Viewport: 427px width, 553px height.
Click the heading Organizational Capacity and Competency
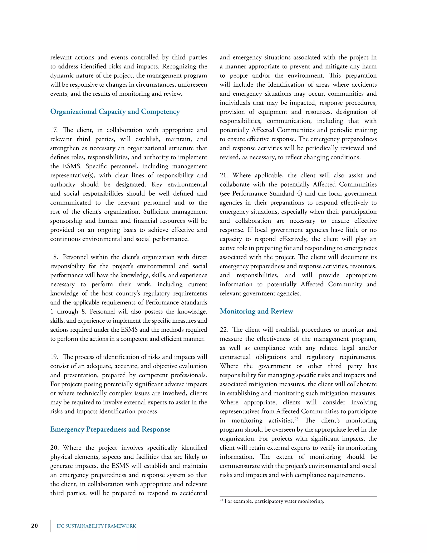115,112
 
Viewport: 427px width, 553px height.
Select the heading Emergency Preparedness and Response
110,429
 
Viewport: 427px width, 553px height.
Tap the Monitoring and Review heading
256,311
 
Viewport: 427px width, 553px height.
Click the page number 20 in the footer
34,526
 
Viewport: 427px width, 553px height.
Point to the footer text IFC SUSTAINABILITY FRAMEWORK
96,526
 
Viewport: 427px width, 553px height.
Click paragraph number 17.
54,130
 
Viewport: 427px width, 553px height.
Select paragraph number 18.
54,257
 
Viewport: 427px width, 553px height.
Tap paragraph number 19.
54,357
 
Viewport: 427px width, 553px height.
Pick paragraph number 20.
54,447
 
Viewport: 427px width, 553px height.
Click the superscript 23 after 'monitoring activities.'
296,419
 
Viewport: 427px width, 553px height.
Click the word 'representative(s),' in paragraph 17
72,175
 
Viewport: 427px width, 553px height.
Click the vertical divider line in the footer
50,526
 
